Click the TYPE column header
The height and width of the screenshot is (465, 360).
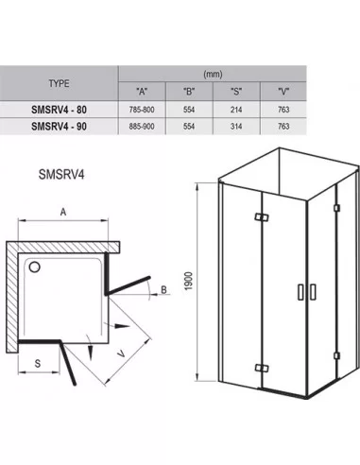[59, 83]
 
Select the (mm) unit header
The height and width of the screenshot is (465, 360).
[213, 74]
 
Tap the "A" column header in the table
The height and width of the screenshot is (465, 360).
[142, 92]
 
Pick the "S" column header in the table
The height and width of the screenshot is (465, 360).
[236, 92]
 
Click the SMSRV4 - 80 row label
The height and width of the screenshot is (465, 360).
[59, 110]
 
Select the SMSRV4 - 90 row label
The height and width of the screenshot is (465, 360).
[59, 127]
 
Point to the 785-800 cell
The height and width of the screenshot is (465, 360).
[142, 110]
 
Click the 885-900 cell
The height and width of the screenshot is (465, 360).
[142, 127]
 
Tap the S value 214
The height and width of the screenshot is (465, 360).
[236, 110]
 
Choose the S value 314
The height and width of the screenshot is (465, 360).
[236, 127]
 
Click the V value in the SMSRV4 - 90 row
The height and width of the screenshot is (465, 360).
[283, 127]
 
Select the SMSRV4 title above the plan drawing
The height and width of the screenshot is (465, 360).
[61, 174]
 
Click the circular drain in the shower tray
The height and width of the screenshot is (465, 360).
[34, 267]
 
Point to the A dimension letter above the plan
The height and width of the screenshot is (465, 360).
[63, 212]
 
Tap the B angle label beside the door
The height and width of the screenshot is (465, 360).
[163, 289]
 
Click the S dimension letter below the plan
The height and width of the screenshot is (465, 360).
[38, 363]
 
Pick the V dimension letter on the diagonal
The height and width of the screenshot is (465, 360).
[121, 354]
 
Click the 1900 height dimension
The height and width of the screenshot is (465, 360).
[188, 281]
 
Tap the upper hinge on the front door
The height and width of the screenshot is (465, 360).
[262, 217]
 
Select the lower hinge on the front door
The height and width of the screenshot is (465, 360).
[262, 368]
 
